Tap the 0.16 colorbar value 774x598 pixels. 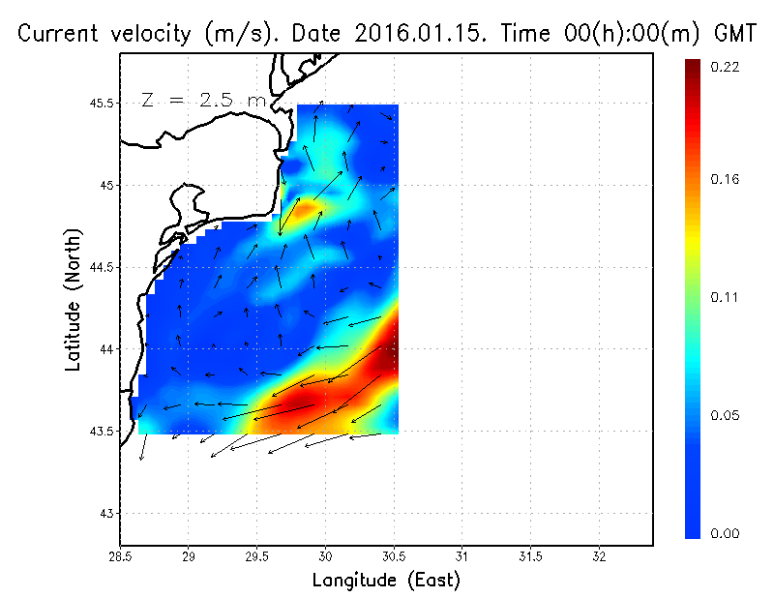click(x=726, y=179)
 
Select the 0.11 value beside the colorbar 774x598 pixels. click(x=726, y=297)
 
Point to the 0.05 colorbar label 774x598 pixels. click(x=726, y=416)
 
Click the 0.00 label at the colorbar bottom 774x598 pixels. click(x=726, y=533)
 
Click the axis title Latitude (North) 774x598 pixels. click(x=73, y=300)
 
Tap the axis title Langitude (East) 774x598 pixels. click(x=386, y=581)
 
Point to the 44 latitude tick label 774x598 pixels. click(x=105, y=348)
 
